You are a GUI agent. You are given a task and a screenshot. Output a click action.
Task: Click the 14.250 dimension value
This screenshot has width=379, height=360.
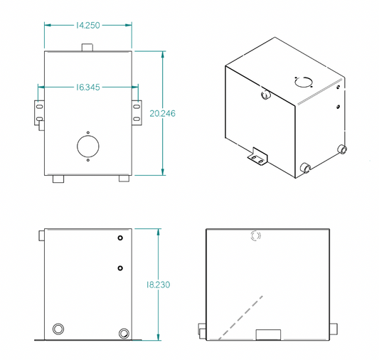coord(87,25)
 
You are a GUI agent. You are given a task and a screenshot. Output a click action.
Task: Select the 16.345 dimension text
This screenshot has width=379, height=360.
coord(87,88)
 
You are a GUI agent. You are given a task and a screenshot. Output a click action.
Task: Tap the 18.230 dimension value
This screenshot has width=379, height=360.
coord(158,285)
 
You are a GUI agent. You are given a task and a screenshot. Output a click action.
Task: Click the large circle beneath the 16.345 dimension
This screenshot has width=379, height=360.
coord(88,147)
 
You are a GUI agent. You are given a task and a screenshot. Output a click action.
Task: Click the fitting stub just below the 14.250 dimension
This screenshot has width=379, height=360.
coord(88,47)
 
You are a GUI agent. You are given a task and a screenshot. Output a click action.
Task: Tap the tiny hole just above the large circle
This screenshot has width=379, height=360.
coord(88,132)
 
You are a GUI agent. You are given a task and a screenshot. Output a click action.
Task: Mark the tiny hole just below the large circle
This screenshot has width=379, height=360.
coord(88,162)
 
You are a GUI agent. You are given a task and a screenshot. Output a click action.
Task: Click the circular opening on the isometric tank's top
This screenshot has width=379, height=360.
coord(304,80)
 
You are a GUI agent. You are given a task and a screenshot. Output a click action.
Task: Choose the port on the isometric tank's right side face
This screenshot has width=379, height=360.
coord(342,149)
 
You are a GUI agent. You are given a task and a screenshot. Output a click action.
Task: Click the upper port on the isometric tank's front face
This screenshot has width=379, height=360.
coord(265,94)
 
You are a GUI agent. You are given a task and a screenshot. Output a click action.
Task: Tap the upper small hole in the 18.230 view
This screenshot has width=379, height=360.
coord(121,238)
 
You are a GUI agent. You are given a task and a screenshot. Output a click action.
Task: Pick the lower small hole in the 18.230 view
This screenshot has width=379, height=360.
coord(121,268)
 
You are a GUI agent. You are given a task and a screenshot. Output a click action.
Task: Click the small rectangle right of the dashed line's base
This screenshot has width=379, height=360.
coord(269,334)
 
